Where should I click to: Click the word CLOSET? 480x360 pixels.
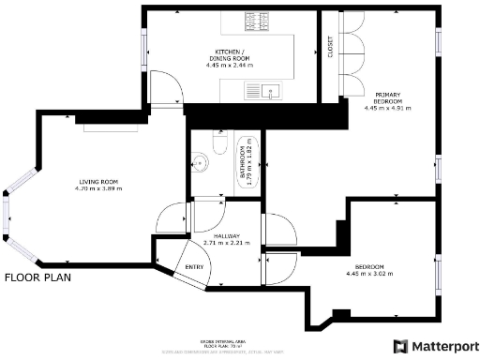(330, 48)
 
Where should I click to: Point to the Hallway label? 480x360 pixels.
(228, 235)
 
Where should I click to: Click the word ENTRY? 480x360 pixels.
(194, 267)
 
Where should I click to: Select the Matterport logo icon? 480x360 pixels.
(400, 345)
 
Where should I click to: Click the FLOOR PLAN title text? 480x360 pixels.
(37, 277)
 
